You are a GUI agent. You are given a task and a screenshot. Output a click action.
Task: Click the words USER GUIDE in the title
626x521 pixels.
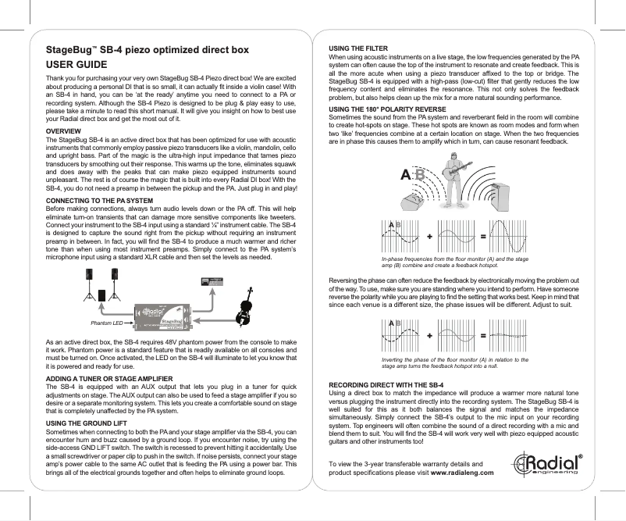click(80, 64)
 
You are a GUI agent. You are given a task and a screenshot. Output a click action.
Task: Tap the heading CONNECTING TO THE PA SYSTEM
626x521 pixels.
click(100, 201)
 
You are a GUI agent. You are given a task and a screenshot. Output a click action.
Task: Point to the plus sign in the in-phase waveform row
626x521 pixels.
click(431, 236)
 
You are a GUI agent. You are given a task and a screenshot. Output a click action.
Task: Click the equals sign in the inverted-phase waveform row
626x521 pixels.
click(483, 335)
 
